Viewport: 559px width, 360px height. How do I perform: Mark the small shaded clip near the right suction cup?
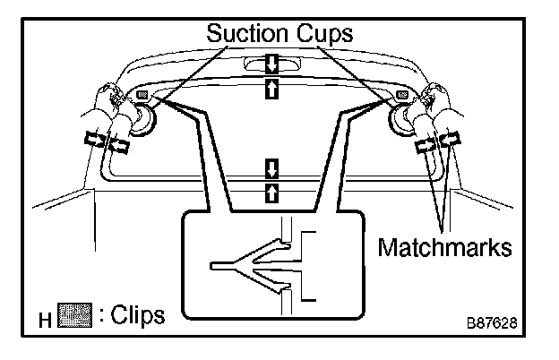click(402, 94)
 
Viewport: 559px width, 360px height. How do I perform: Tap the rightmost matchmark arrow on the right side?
click(451, 140)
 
